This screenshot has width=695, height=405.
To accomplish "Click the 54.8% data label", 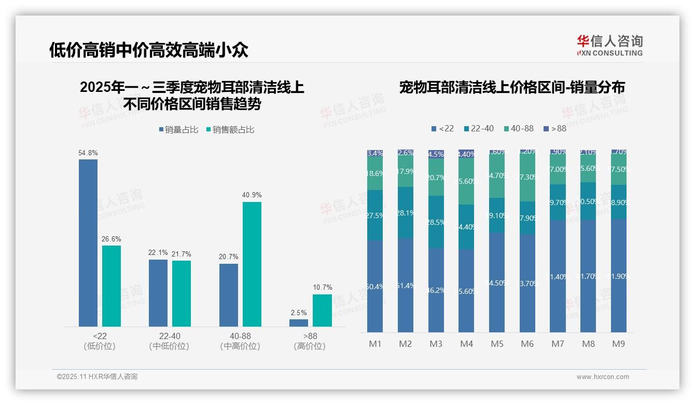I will (88, 153).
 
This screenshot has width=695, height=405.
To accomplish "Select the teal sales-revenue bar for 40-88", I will (252, 264).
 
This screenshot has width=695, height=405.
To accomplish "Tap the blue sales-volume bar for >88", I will (299, 323).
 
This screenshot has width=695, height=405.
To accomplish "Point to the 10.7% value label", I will (322, 287).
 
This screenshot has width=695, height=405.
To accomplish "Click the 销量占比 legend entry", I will (178, 130).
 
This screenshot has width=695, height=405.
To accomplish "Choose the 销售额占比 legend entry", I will (230, 130).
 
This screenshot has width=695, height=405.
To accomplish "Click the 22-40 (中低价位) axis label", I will (169, 341).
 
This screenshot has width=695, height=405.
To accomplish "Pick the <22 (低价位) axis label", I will (100, 341).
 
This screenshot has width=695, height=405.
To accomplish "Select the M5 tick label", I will (497, 344).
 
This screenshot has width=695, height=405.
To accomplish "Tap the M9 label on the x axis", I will (618, 344).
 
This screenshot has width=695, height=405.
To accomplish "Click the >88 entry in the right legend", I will (555, 128).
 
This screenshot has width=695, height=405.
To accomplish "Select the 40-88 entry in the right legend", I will (518, 128).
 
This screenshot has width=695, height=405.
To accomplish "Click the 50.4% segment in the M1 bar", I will (375, 286).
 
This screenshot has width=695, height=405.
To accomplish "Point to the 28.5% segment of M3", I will (436, 222).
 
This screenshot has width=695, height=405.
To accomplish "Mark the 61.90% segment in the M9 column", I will (619, 276).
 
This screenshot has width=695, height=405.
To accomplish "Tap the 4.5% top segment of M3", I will (436, 154).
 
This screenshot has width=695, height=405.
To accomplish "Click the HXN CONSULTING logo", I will (609, 46).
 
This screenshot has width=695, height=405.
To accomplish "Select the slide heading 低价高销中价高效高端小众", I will (149, 50).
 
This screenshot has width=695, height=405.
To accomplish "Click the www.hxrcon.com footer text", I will (602, 377).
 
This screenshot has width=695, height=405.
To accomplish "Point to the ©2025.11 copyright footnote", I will (97, 377).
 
